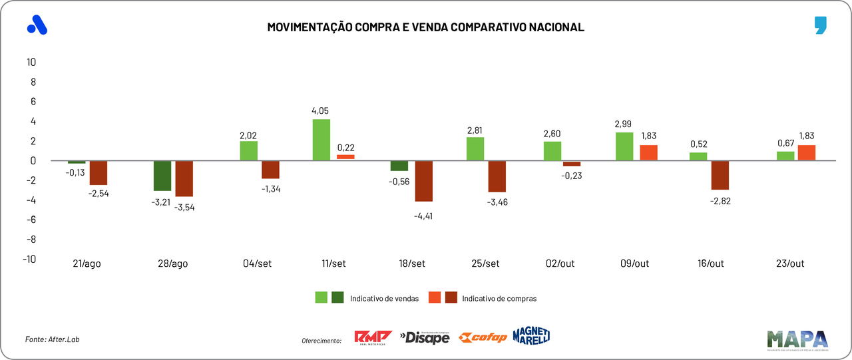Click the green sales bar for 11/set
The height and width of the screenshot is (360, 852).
321,140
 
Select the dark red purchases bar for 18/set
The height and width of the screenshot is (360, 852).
424,181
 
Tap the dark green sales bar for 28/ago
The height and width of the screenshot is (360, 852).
162,176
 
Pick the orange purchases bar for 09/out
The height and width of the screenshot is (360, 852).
648,152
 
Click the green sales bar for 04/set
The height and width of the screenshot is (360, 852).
248,150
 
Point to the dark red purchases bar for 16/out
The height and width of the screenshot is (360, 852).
720,175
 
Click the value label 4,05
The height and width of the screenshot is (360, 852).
320,110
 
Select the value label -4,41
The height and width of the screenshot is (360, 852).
424,216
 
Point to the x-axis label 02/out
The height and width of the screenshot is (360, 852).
559,264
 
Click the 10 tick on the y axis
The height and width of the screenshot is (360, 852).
31,62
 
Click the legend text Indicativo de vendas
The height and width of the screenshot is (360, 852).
384,299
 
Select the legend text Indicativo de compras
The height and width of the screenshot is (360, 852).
499,299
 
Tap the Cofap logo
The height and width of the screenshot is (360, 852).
483,337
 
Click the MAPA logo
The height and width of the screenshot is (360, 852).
797,339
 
